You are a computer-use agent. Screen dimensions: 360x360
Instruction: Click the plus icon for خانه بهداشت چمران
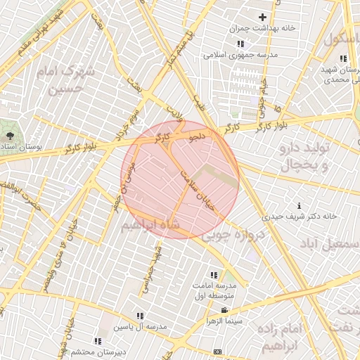coord(263,17)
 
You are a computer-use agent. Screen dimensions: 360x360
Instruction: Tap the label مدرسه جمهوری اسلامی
coord(240,55)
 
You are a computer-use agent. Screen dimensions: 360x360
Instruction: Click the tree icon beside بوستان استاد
coord(10,135)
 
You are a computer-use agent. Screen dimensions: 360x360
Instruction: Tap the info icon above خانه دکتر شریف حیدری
coord(300,205)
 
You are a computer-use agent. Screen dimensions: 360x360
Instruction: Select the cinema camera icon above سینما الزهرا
coord(224,311)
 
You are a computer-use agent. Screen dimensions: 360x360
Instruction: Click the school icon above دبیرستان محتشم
coord(98,341)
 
